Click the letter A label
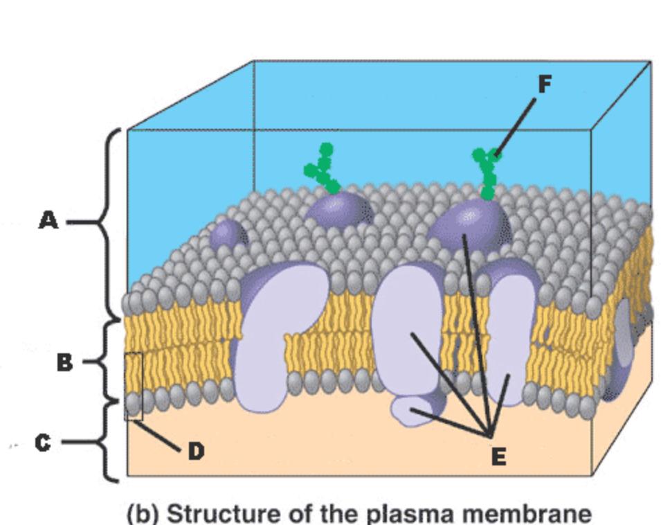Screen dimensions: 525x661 point(48,222)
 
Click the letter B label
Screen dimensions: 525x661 point(64,362)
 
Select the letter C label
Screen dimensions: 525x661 point(44,442)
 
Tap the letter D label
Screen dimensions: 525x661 point(196,451)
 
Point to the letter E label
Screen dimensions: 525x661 point(498,456)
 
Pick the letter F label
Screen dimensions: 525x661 point(545,84)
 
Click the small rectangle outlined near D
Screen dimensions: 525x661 point(134,386)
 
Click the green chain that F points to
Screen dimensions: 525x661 point(486,173)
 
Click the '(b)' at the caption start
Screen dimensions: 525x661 point(144,515)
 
